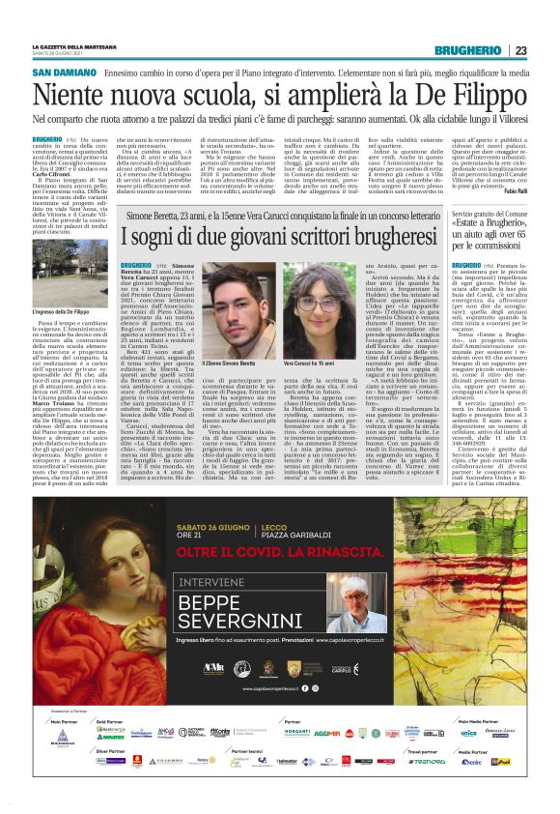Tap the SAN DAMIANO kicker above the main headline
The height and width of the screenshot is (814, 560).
[65, 73]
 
